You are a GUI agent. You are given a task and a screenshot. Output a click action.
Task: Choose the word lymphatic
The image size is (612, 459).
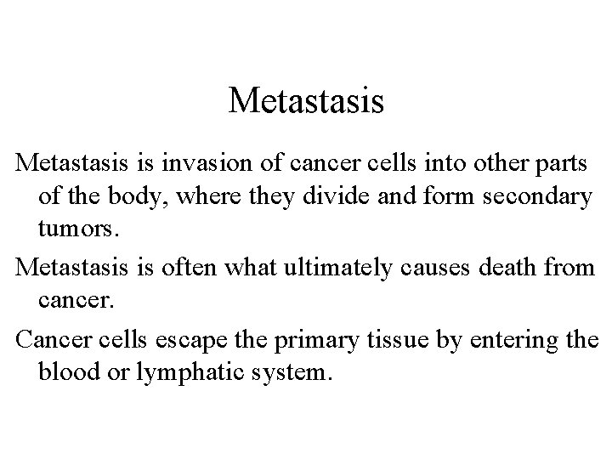[x=174, y=372]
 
